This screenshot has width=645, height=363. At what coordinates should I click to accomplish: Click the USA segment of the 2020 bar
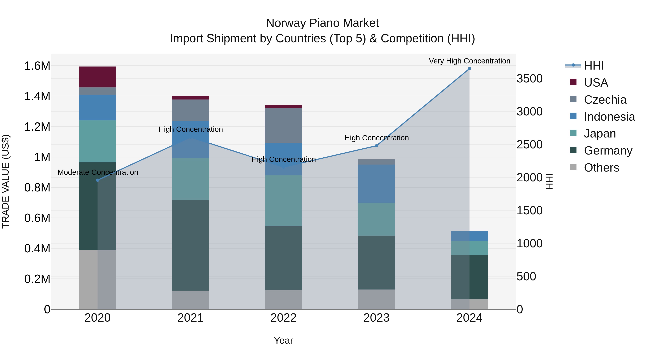coord(97,77)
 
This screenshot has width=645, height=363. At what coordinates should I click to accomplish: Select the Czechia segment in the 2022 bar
coord(283,125)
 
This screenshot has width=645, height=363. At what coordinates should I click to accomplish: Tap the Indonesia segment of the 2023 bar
coord(376,184)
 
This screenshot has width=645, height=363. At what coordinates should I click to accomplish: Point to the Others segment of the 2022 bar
coord(283,299)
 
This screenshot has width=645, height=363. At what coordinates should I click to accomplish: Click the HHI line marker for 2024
coord(469,69)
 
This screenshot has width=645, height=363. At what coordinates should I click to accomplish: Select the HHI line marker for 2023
coord(376,146)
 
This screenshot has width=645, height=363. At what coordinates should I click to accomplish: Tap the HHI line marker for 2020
coord(98,180)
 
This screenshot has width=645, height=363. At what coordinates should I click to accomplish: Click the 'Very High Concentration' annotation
coord(469,61)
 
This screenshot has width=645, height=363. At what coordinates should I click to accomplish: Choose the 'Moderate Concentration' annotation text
coord(98,172)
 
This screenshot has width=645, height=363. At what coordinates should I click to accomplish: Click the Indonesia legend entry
coord(609,117)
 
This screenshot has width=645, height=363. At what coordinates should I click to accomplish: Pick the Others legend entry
coord(601,168)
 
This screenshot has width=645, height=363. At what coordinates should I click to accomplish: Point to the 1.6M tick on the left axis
coord(37,66)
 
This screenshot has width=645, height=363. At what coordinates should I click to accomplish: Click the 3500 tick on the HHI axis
coord(530,79)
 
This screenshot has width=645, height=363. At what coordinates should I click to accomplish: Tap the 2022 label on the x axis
coord(283,318)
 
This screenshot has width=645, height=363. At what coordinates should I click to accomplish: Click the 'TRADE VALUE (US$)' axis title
coord(6,181)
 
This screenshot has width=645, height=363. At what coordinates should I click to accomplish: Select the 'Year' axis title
coord(283,340)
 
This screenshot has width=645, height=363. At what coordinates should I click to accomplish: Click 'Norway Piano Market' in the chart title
coord(322,23)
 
